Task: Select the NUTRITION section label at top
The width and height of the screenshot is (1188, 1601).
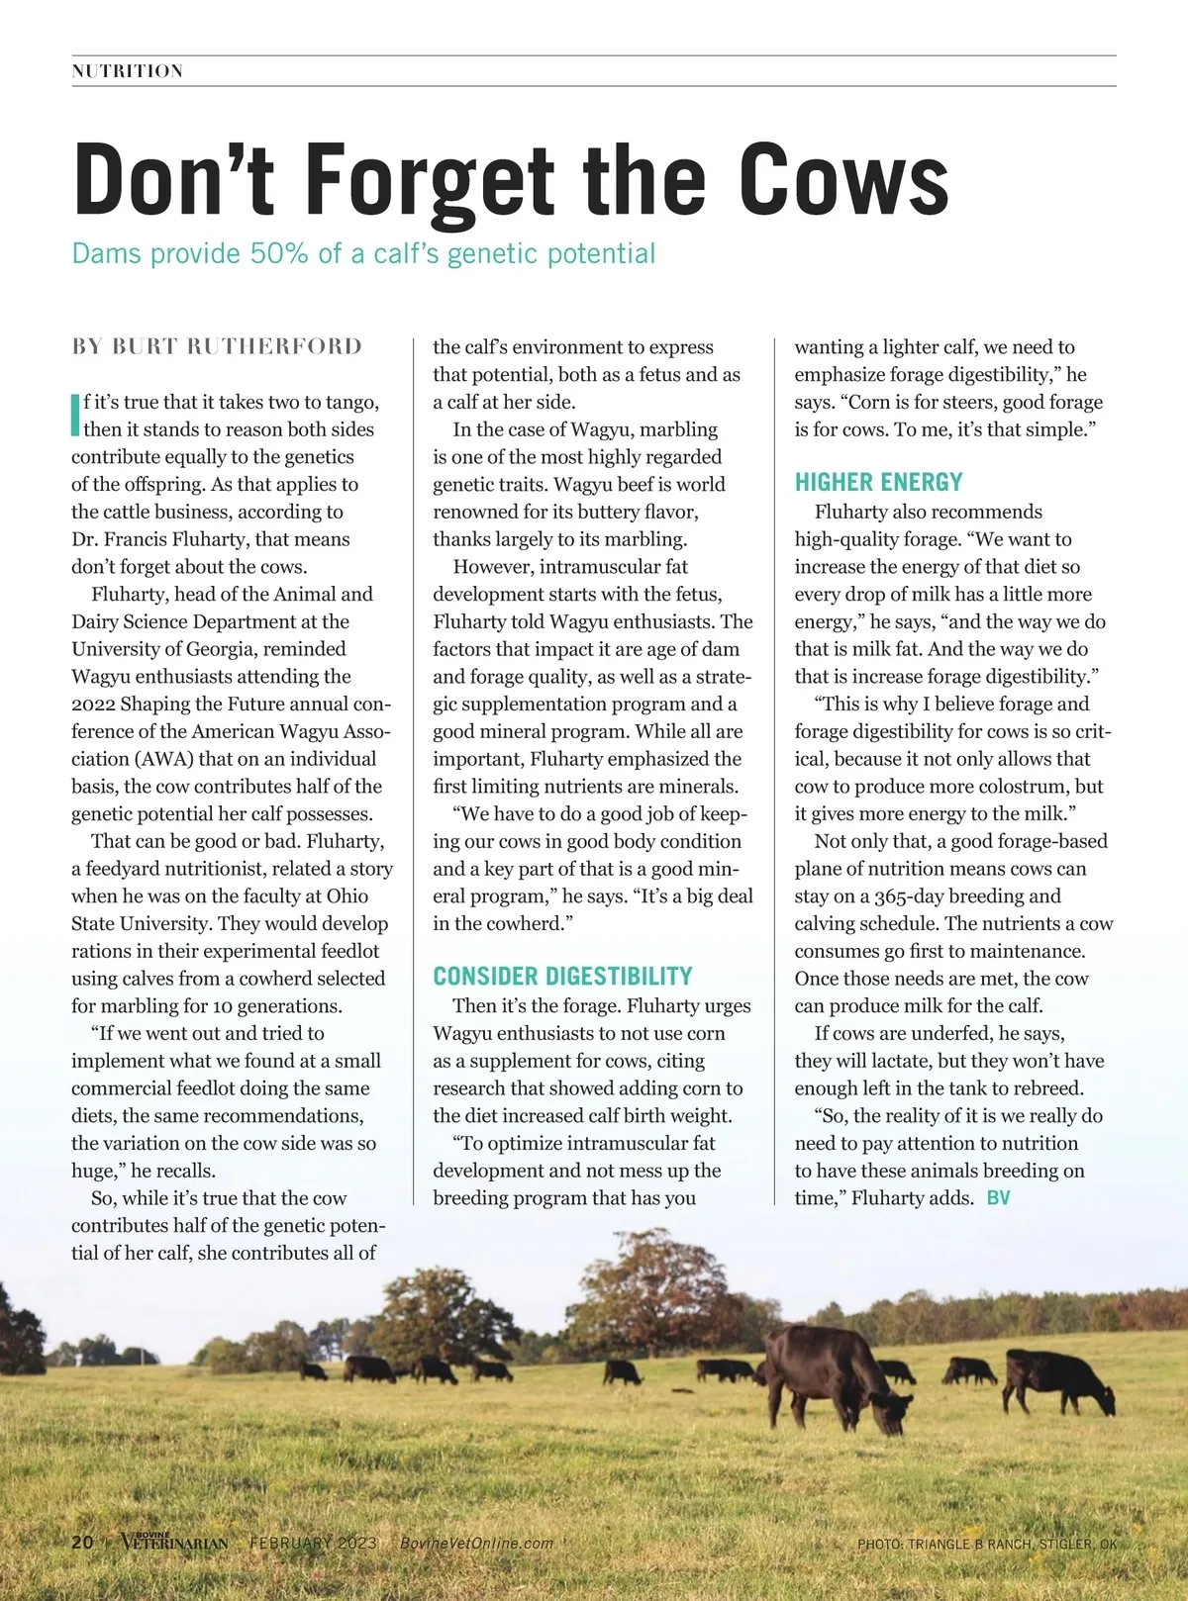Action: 128,71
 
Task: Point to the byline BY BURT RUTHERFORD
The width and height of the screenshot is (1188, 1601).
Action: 217,346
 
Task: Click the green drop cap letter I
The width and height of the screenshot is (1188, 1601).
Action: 75,415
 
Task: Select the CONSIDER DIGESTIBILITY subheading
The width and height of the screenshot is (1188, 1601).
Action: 562,977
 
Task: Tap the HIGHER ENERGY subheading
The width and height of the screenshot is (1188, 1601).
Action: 878,483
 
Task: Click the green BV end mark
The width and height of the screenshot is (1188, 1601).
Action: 998,1198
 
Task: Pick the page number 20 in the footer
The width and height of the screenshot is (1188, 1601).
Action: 82,1542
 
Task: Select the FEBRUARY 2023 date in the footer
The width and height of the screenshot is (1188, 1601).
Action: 313,1543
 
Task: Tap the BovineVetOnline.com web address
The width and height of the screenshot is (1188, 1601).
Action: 477,1543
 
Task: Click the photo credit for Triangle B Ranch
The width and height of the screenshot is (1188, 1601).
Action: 986,1544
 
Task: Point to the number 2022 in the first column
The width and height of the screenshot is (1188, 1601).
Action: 93,705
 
